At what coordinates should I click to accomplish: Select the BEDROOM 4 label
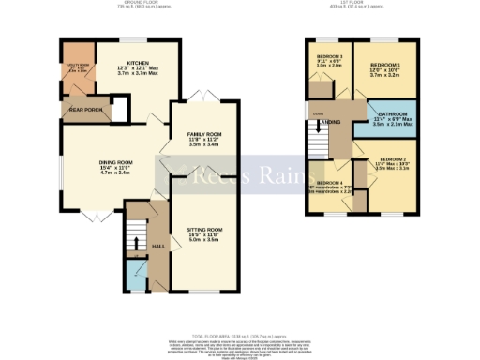tap(329, 182)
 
